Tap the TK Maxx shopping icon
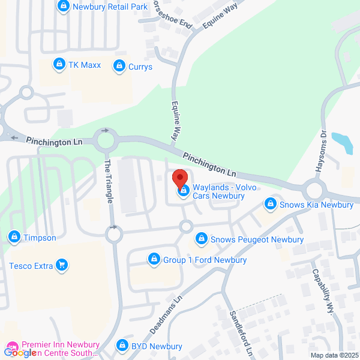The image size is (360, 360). pyautogui.click(x=59, y=64)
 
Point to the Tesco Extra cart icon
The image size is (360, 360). pyautogui.click(x=61, y=265)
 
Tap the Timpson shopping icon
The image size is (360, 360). pyautogui.click(x=13, y=238)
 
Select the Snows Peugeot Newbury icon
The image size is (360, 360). pyautogui.click(x=202, y=239)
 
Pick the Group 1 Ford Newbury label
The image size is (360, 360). pyautogui.click(x=205, y=260)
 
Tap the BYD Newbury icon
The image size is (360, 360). pyautogui.click(x=122, y=346)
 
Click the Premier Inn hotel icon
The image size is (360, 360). pyautogui.click(x=12, y=346)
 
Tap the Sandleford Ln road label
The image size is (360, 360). pyautogui.click(x=239, y=331)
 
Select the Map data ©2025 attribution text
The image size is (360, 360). pyautogui.click(x=333, y=355)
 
